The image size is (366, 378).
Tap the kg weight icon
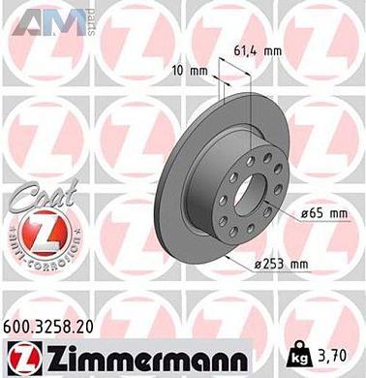pyautogui.click(x=290, y=351)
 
